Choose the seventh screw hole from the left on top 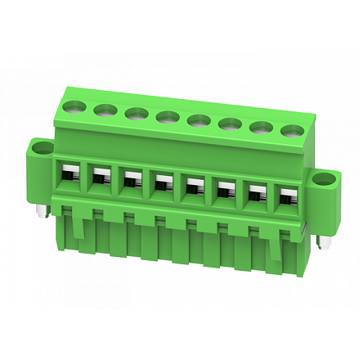click(x=261, y=128)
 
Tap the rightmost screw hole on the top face click(x=291, y=131)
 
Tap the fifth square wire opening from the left click(x=193, y=187)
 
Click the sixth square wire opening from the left click(x=224, y=191)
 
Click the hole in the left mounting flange click(x=41, y=148)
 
